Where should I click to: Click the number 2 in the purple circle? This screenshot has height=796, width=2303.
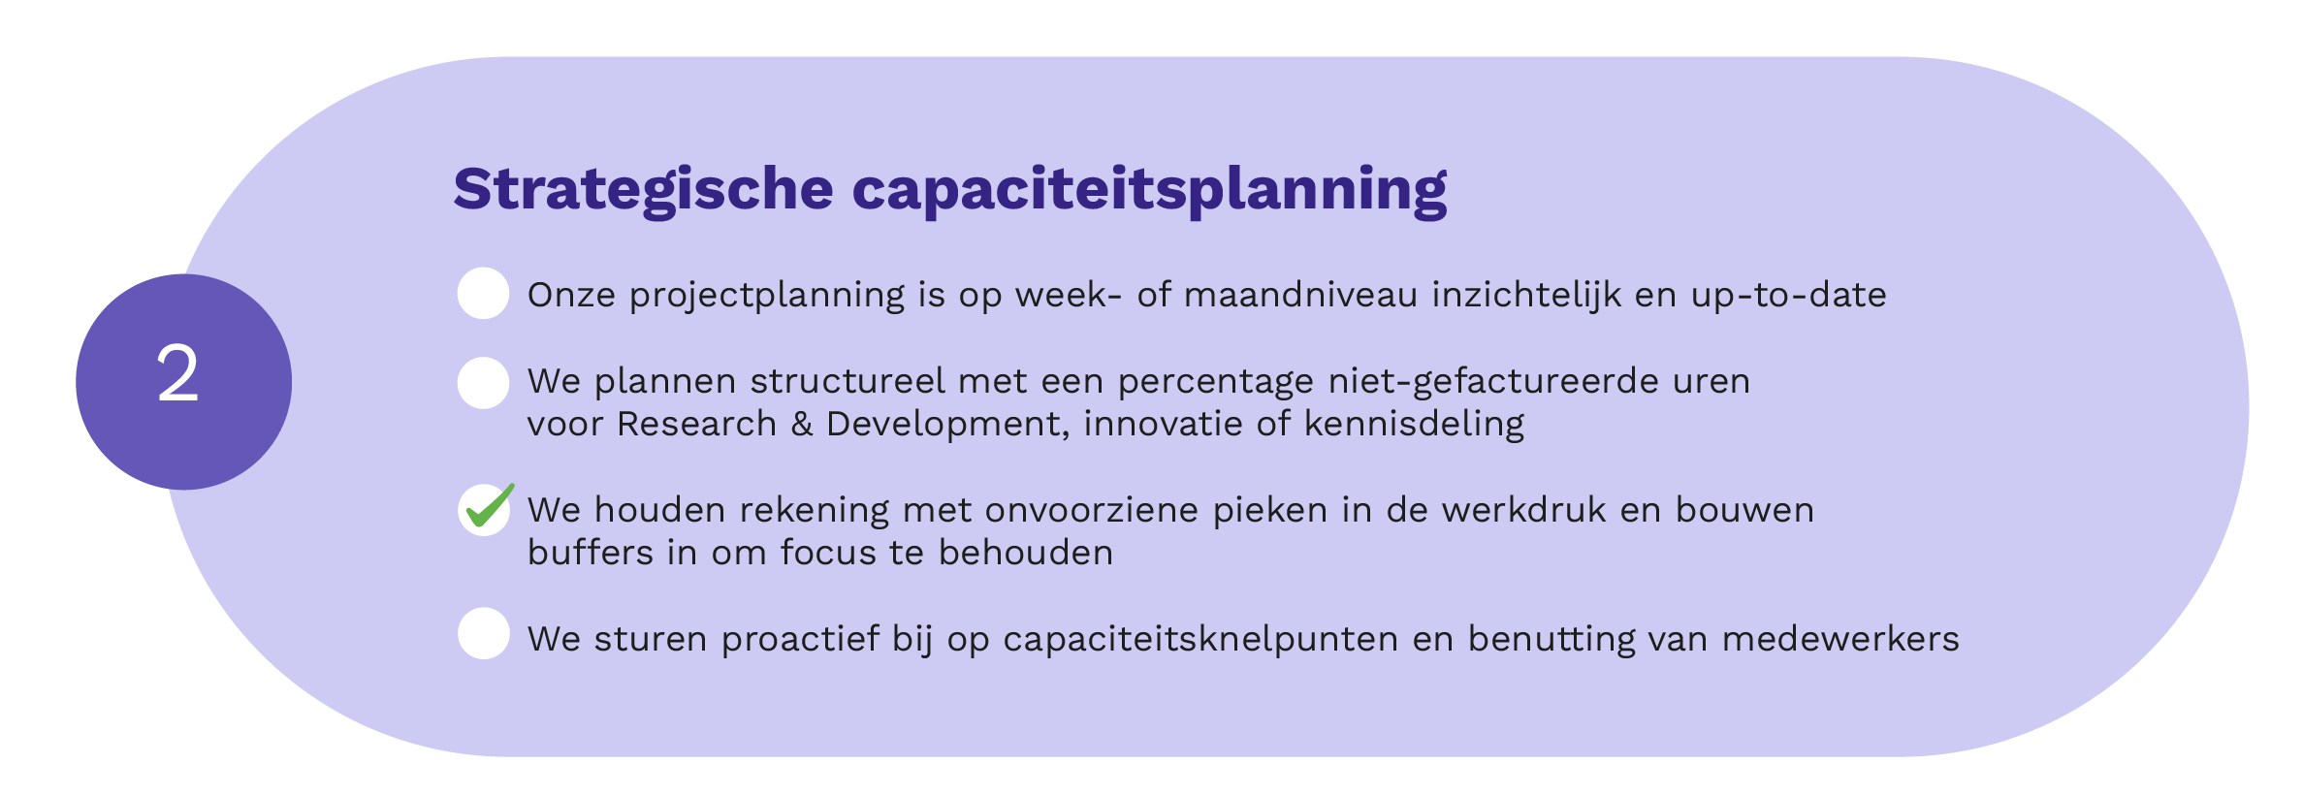[178, 373]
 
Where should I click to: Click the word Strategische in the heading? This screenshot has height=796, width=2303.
[643, 190]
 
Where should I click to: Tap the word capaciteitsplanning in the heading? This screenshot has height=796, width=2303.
[1150, 190]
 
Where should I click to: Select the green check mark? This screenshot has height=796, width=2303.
[490, 505]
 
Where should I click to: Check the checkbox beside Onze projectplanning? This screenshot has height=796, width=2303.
[483, 293]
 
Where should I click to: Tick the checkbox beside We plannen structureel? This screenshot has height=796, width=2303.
[483, 383]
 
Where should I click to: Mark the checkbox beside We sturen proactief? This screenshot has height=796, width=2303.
[483, 633]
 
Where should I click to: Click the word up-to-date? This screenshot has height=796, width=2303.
[1789, 296]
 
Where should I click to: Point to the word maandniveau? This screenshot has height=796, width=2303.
[1300, 294]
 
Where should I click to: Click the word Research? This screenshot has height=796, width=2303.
[696, 424]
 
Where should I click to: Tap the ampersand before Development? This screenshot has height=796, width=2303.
[801, 425]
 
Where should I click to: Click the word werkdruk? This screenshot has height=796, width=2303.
[1523, 510]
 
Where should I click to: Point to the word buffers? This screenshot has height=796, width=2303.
[590, 553]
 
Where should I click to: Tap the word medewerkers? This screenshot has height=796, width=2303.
[1840, 639]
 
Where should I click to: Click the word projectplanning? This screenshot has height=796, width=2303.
[767, 296]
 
